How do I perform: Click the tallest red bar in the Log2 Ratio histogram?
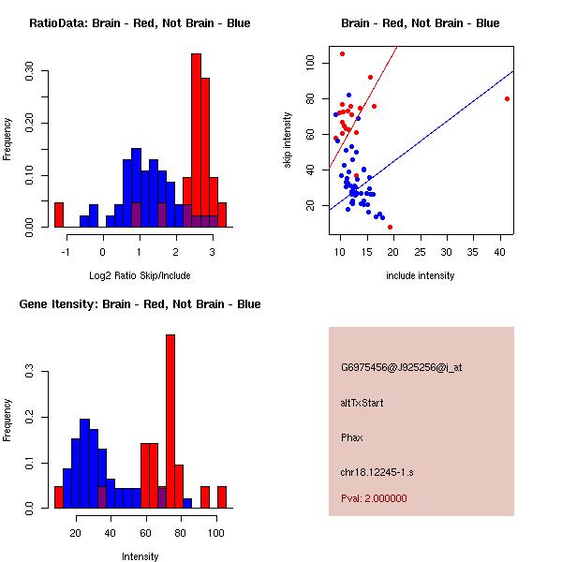tap(196, 140)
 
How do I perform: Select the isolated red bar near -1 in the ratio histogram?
tap(59, 214)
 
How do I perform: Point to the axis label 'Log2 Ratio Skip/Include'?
tap(140, 275)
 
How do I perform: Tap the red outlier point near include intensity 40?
tap(507, 98)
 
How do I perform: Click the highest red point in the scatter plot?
tap(342, 53)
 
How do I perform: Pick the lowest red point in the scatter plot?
tap(390, 227)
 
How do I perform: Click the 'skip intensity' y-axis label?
tap(288, 140)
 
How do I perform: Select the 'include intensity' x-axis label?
tap(421, 275)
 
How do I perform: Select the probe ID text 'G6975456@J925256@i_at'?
tap(402, 367)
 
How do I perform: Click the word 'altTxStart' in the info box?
tap(362, 403)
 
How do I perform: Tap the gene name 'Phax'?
tap(351, 437)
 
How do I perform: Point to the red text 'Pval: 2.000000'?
tap(374, 498)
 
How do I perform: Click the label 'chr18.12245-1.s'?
tap(377, 472)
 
